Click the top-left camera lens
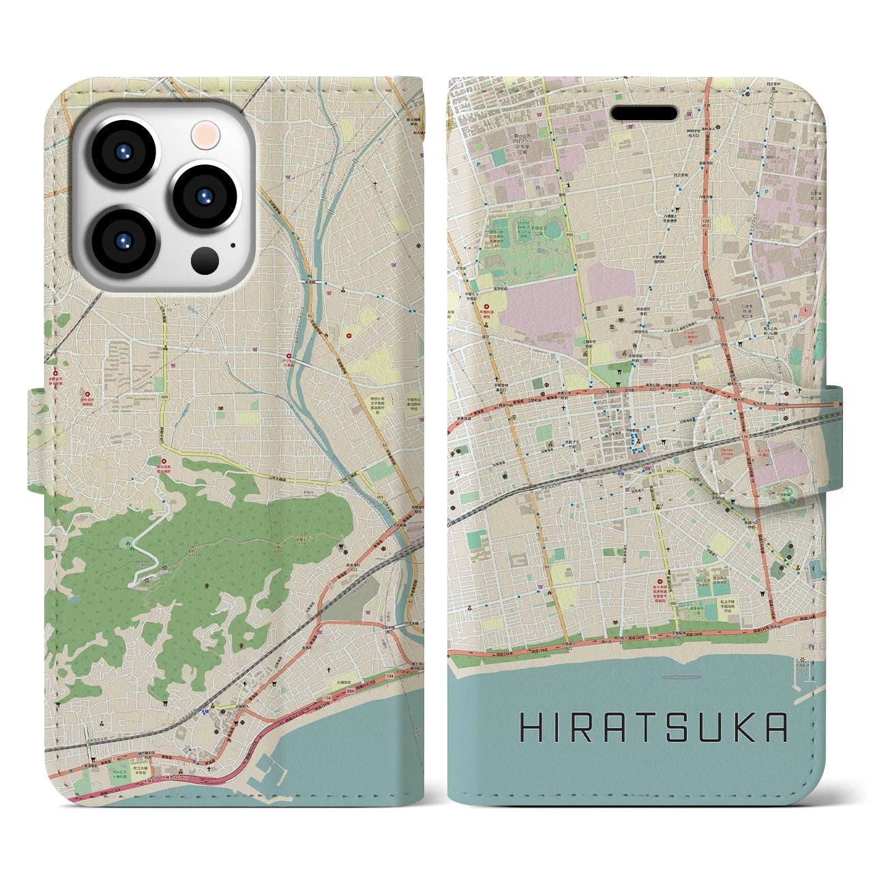click(x=124, y=153)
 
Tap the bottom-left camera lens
click(x=124, y=241)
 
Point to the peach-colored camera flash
click(x=204, y=134)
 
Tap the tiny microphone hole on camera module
click(x=233, y=246)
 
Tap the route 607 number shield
click(x=651, y=471)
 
